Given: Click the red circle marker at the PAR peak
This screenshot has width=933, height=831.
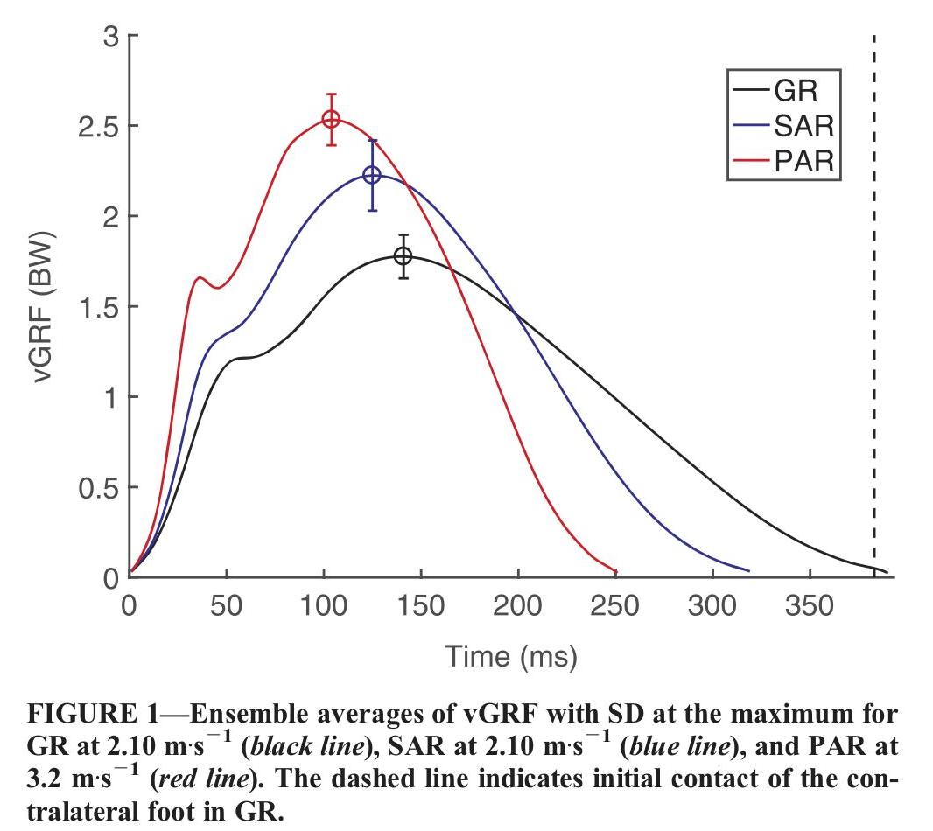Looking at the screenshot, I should tap(331, 119).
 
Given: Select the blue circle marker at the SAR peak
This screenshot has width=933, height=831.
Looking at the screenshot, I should tap(372, 175).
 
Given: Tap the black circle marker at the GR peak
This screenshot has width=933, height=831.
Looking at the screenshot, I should tap(403, 256).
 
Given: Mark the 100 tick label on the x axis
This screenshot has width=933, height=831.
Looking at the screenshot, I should tap(324, 605).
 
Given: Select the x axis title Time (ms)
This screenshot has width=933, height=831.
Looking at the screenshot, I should tap(511, 655).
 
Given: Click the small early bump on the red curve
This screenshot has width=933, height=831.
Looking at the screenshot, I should tap(200, 278).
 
